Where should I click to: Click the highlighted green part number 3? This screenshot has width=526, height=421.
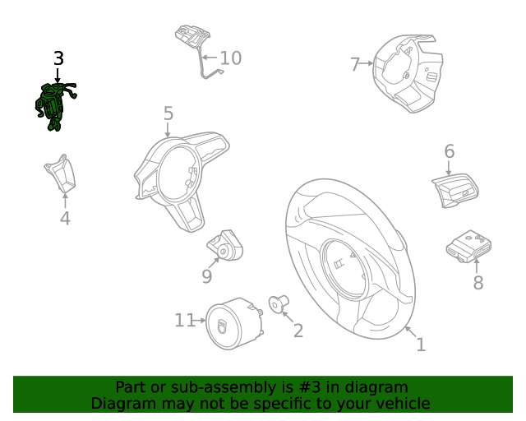[54, 105]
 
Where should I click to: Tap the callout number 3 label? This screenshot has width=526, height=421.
[58, 58]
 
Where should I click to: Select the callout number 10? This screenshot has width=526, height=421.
[230, 58]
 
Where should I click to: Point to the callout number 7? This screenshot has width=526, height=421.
[355, 64]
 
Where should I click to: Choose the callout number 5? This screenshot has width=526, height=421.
[168, 113]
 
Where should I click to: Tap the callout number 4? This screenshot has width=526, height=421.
[65, 218]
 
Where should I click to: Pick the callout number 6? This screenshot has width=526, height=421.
[449, 151]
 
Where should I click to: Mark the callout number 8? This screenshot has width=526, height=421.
[478, 283]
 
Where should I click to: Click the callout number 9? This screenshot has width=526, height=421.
[207, 276]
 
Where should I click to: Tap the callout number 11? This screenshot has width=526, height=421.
[184, 320]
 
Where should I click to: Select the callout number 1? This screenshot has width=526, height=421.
[420, 345]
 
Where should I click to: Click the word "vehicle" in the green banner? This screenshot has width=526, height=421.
[399, 403]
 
